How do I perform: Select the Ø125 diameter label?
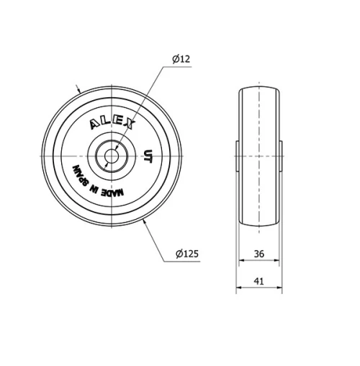(187, 254)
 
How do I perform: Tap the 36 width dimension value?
(258, 254)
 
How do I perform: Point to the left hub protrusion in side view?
(237, 156)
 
